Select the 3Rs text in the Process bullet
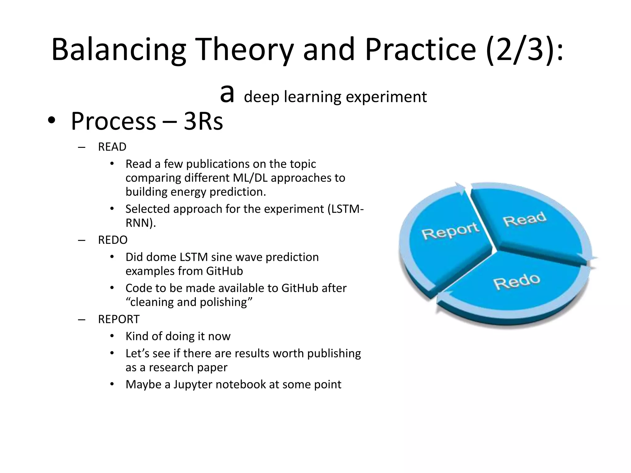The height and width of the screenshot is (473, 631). pos(203,121)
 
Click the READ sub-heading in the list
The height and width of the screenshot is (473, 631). pos(112,147)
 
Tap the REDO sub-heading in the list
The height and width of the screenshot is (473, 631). pos(113,240)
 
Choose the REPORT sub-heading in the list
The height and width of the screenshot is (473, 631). pos(119,319)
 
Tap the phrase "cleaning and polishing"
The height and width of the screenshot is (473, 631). pos(189,302)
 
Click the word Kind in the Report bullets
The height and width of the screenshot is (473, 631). pos(137,336)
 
